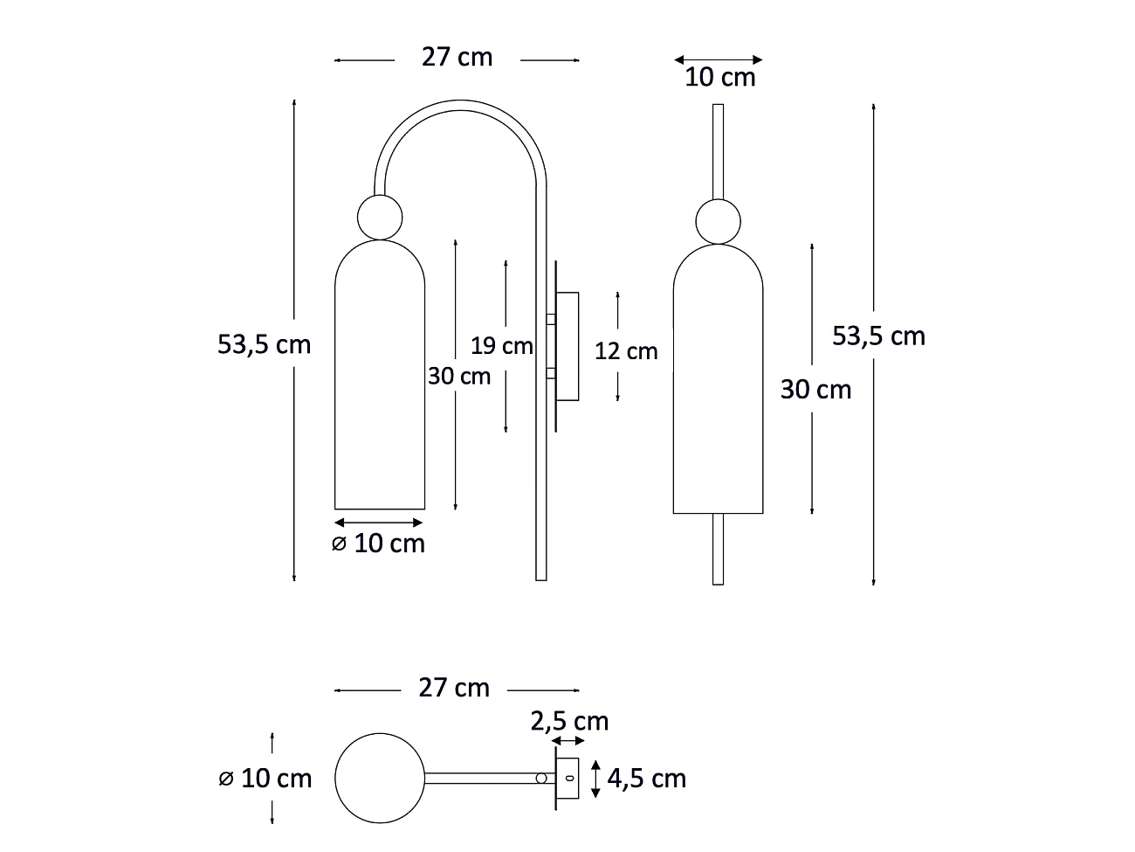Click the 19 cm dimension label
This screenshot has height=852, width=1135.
click(501, 346)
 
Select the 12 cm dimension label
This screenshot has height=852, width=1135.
click(626, 351)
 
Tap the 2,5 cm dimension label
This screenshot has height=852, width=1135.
click(569, 721)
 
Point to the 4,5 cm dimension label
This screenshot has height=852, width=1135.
click(647, 778)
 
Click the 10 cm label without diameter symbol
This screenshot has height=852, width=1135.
click(720, 77)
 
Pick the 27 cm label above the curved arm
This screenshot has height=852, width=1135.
click(457, 57)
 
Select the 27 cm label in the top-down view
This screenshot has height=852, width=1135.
click(454, 688)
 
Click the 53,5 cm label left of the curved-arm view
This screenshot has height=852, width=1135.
click(264, 344)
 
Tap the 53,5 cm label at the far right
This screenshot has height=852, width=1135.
click(878, 336)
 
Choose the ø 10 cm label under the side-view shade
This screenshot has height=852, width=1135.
click(378, 544)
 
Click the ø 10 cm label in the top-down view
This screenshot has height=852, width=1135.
click(265, 778)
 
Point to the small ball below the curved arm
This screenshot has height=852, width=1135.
click(381, 217)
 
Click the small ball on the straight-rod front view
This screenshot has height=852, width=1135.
click(718, 221)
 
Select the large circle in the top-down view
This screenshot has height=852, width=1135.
click(380, 778)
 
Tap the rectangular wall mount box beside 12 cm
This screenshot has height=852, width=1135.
click(567, 347)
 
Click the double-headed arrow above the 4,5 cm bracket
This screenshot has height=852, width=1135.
click(569, 741)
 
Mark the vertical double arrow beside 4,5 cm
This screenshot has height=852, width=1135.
click(595, 778)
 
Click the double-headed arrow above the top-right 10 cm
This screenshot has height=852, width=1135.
click(719, 59)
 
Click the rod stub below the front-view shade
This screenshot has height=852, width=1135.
click(718, 549)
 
